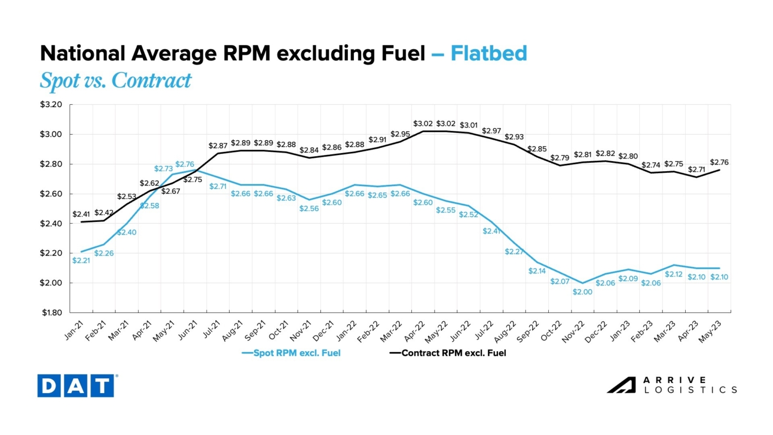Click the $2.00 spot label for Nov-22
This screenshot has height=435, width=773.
click(582, 292)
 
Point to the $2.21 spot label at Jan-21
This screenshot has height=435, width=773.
click(81, 260)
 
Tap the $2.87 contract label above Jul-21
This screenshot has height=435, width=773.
click(218, 146)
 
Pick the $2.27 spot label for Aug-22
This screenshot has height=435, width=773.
click(514, 252)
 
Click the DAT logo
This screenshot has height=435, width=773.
click(76, 385)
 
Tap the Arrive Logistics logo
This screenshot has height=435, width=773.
click(672, 385)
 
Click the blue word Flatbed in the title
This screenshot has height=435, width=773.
click(489, 53)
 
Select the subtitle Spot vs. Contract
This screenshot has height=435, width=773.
click(115, 81)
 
